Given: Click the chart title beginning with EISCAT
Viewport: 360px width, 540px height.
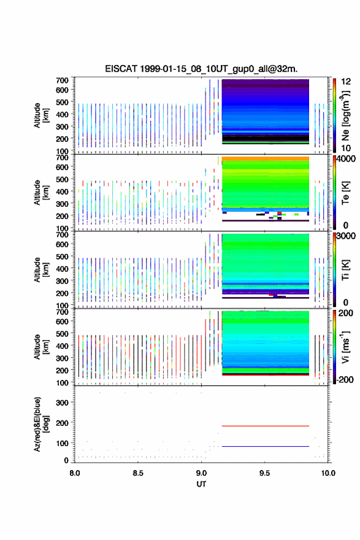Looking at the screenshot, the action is [x=201, y=69].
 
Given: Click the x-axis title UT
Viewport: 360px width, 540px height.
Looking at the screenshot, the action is [x=201, y=484].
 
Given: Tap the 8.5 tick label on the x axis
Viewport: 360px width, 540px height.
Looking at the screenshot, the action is [x=137, y=473].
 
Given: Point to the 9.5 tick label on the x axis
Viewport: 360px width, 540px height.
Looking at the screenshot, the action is [x=264, y=473].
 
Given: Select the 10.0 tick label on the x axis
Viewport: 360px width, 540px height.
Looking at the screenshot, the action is [x=328, y=473].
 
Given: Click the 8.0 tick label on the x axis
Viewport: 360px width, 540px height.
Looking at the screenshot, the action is [x=74, y=473].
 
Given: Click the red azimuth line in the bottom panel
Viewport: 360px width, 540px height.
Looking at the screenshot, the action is [x=266, y=426].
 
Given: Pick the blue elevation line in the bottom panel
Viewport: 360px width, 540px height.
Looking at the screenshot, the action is [x=266, y=446].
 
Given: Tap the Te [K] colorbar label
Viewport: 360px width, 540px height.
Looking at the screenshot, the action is [x=345, y=193].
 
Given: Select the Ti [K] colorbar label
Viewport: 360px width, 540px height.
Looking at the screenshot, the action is [x=345, y=270].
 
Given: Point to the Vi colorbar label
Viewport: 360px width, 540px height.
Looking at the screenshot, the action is [x=345, y=347].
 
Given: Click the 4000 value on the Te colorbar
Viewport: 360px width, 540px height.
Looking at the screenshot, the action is [x=346, y=159].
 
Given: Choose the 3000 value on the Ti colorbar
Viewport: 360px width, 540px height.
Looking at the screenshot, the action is [x=346, y=236].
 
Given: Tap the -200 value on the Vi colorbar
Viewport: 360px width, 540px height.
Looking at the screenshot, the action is [x=344, y=379].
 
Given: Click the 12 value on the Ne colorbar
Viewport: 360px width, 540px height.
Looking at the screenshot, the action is [x=346, y=82].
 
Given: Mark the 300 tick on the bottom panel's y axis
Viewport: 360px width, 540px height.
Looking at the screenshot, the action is [x=63, y=403].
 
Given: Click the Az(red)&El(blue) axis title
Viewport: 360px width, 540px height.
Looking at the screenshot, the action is [x=41, y=424].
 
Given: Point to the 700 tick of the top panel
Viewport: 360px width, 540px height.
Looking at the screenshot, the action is [x=63, y=80].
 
